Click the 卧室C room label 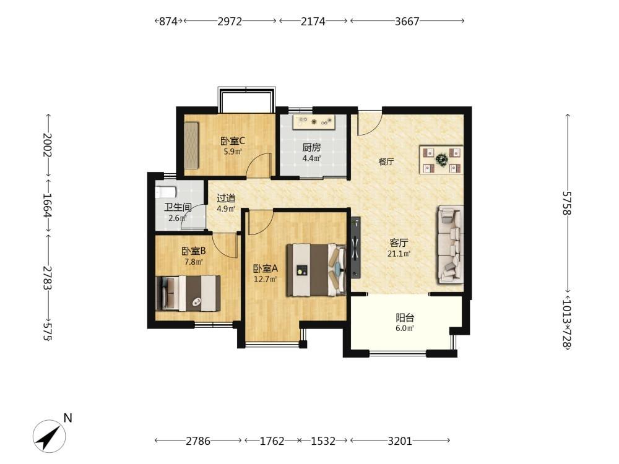coord(233,140)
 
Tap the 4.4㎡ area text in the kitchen coord(311,158)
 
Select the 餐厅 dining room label coord(386,161)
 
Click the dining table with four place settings coord(441,160)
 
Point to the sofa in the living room coord(450,244)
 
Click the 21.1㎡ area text coord(399,254)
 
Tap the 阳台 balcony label coord(405,317)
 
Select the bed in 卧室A coord(316,270)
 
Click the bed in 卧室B coord(188,293)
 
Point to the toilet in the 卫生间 coord(165,192)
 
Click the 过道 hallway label coord(226,198)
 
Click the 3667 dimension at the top coord(407,21)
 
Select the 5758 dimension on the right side coord(567,203)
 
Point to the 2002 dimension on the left coord(48,144)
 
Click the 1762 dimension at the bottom coord(272,440)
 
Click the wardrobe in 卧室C coord(192,145)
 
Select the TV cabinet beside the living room coord(355,247)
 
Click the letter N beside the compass coord(68,418)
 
